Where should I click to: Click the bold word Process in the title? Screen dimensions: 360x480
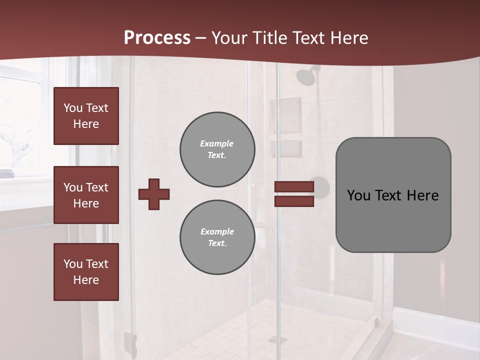157,37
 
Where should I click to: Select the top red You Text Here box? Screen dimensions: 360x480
86,116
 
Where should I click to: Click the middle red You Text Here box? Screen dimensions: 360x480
86,195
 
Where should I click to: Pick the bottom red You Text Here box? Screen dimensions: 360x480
86,271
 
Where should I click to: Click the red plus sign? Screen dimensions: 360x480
154,194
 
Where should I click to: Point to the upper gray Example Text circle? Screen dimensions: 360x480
217,149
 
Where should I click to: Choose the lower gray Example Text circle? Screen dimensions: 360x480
217,237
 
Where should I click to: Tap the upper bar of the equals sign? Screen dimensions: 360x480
294,187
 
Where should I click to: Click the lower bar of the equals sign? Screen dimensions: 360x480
294,201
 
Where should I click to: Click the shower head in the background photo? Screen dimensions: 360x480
305,76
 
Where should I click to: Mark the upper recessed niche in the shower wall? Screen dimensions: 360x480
286,115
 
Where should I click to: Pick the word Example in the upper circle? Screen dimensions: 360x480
217,143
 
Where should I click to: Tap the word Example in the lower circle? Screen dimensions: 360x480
217,231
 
